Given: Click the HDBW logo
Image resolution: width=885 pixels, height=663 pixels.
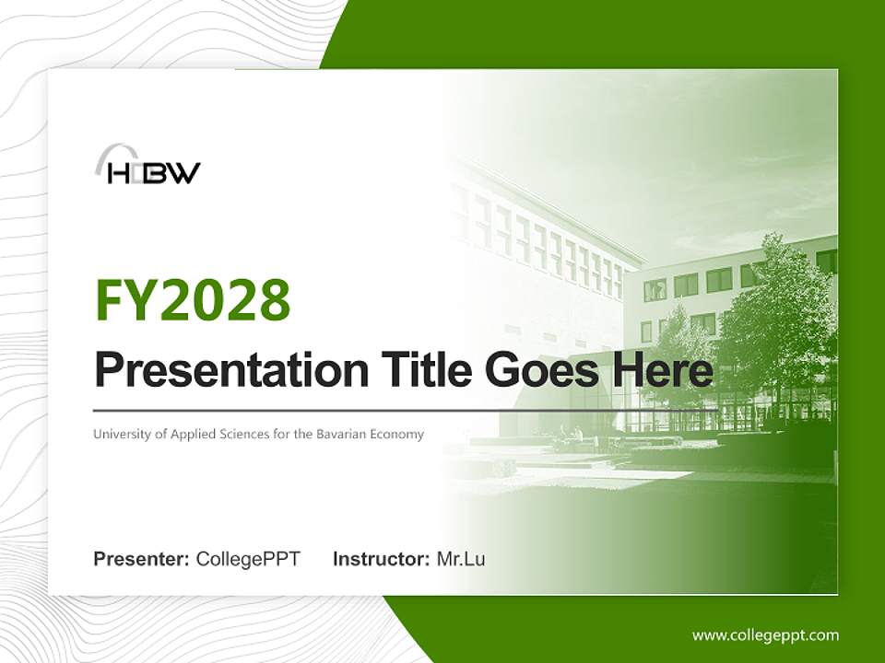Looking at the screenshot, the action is coord(147,165).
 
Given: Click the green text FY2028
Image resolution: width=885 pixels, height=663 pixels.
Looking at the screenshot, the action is coord(193,299).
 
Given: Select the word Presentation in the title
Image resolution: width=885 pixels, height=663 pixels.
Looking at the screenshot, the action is coord(231,369).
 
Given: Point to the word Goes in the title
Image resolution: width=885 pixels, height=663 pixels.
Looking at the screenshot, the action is coord(542,369).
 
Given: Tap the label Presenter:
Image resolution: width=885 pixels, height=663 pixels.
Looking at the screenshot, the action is coord(141,559).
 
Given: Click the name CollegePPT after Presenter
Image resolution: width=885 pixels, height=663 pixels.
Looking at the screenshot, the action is coord(248,559).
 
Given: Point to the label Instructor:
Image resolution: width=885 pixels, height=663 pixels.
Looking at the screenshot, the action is coord(382,559).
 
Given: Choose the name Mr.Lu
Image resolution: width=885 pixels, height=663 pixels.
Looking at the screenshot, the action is coord(461,559).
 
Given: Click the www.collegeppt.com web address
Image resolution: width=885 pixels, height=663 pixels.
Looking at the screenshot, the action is coord(765,635).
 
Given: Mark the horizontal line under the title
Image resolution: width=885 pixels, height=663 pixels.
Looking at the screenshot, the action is coord(406,411).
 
